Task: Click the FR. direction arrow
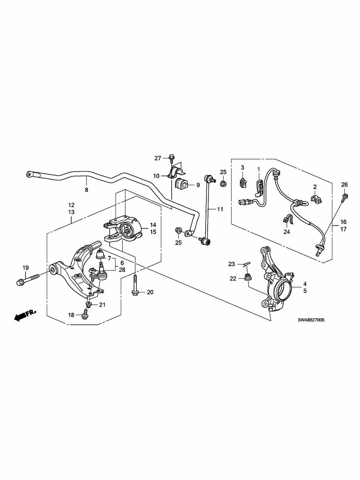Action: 25,315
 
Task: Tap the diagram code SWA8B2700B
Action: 311,320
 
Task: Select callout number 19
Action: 26,268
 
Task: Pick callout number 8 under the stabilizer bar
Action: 86,190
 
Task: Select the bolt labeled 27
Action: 171,159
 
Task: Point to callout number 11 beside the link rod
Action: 220,209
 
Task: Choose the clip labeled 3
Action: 243,180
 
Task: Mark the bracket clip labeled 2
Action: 316,198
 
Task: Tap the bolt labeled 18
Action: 84,314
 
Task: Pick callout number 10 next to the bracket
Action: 156,176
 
